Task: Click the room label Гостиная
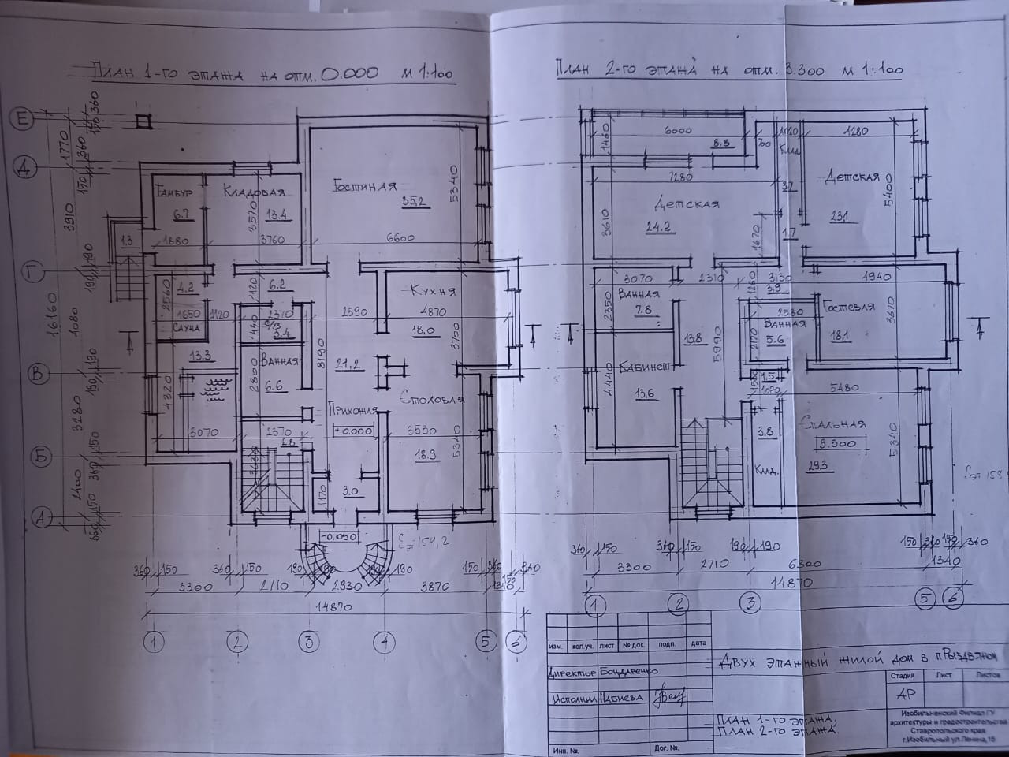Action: point(363,187)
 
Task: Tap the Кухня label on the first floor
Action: point(429,292)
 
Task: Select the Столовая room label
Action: point(431,397)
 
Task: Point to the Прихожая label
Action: point(354,411)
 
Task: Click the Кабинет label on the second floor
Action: point(644,367)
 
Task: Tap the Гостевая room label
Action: point(848,306)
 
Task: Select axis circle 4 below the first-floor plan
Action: point(384,643)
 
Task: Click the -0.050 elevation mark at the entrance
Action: point(339,536)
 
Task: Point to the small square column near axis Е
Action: point(142,121)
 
